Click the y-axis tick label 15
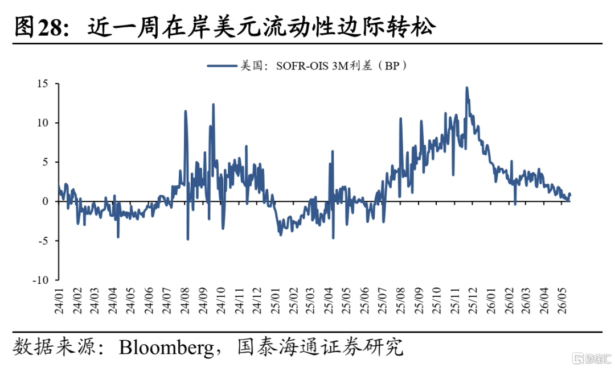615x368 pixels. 42,84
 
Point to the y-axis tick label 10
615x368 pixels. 42,123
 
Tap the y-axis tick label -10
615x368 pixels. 40,280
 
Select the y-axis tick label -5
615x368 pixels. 43,241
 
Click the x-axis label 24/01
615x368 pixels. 59,301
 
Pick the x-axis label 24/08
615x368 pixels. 184,301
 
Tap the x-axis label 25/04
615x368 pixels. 329,301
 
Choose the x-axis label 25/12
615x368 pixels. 472,301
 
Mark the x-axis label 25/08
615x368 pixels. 400,301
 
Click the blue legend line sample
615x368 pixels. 222,66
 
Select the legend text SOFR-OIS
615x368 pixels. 302,66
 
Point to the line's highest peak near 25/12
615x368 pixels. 466,88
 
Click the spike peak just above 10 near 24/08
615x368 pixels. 185,111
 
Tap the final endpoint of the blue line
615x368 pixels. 570,194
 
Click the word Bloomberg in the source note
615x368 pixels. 166,347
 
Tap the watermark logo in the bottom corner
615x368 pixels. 592,358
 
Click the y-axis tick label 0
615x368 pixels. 46,201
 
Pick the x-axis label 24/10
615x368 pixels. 220,301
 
